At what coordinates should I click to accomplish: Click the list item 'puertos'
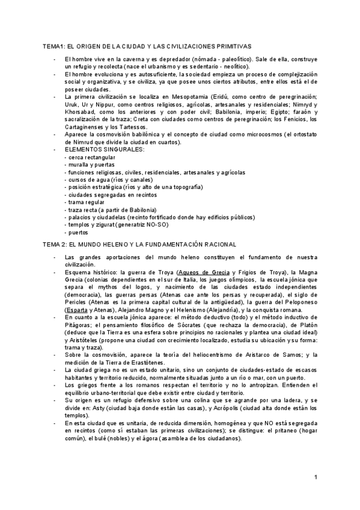pos(78,232)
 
